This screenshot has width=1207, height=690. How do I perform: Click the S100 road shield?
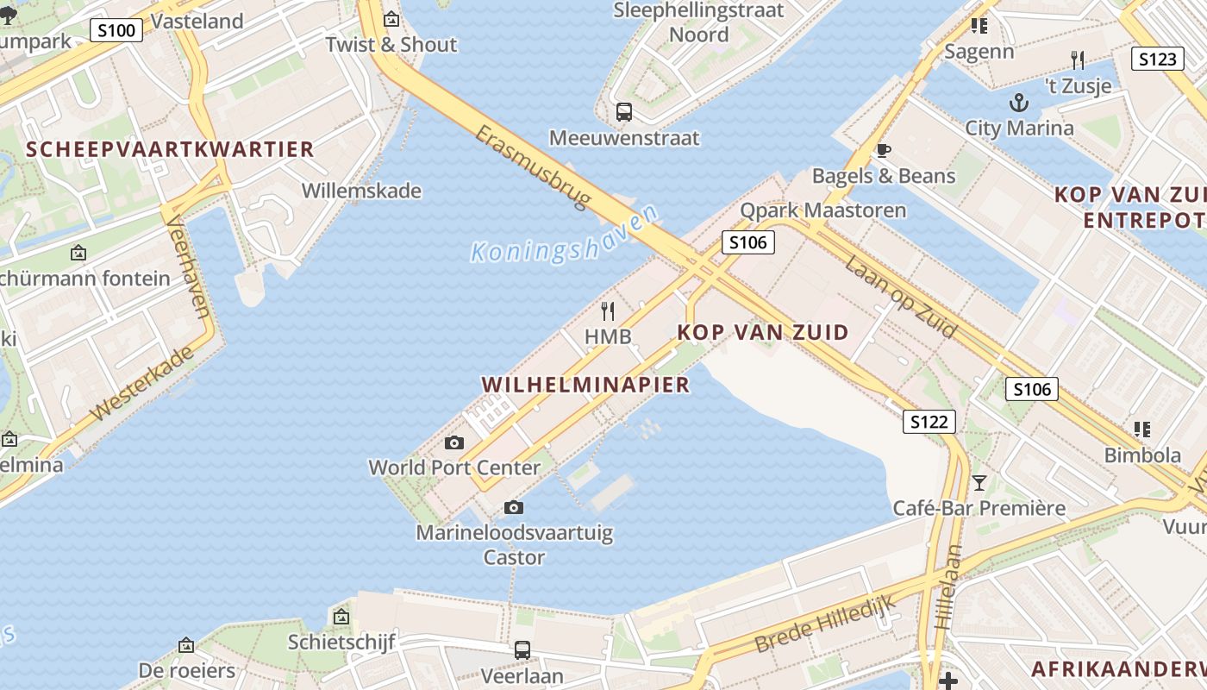tap(116, 31)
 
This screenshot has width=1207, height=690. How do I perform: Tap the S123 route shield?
tap(1157, 59)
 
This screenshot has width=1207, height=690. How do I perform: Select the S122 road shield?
tap(929, 422)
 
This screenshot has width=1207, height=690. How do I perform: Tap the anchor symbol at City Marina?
tap(1019, 103)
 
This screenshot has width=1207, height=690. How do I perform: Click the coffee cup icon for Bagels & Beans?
tap(883, 150)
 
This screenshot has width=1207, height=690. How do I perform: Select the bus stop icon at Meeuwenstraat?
tap(623, 111)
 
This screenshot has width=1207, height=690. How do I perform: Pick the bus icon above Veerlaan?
tap(522, 649)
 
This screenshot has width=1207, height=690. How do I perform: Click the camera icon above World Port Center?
tap(453, 443)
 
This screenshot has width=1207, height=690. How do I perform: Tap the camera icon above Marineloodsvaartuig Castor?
tap(514, 507)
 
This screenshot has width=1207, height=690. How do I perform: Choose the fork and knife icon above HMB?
tap(609, 310)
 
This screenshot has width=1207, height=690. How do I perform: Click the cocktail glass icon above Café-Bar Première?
tap(979, 482)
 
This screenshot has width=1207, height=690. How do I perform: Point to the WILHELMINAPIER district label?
tap(586, 385)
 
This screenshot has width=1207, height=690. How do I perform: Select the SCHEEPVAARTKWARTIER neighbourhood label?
tap(170, 149)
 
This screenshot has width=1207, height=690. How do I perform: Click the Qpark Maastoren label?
tap(823, 210)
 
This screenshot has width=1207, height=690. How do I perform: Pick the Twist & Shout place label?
tap(391, 45)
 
